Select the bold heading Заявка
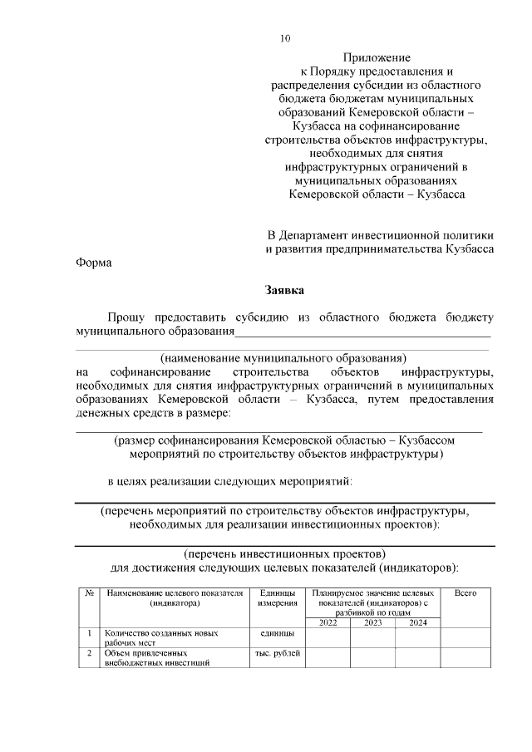click(x=285, y=290)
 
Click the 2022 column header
click(x=328, y=622)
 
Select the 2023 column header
click(x=372, y=622)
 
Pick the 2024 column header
click(x=417, y=622)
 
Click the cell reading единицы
click(x=278, y=633)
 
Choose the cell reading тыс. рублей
click(x=278, y=654)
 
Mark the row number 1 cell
click(x=88, y=633)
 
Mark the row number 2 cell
click(x=88, y=654)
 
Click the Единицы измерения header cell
click(x=278, y=598)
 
